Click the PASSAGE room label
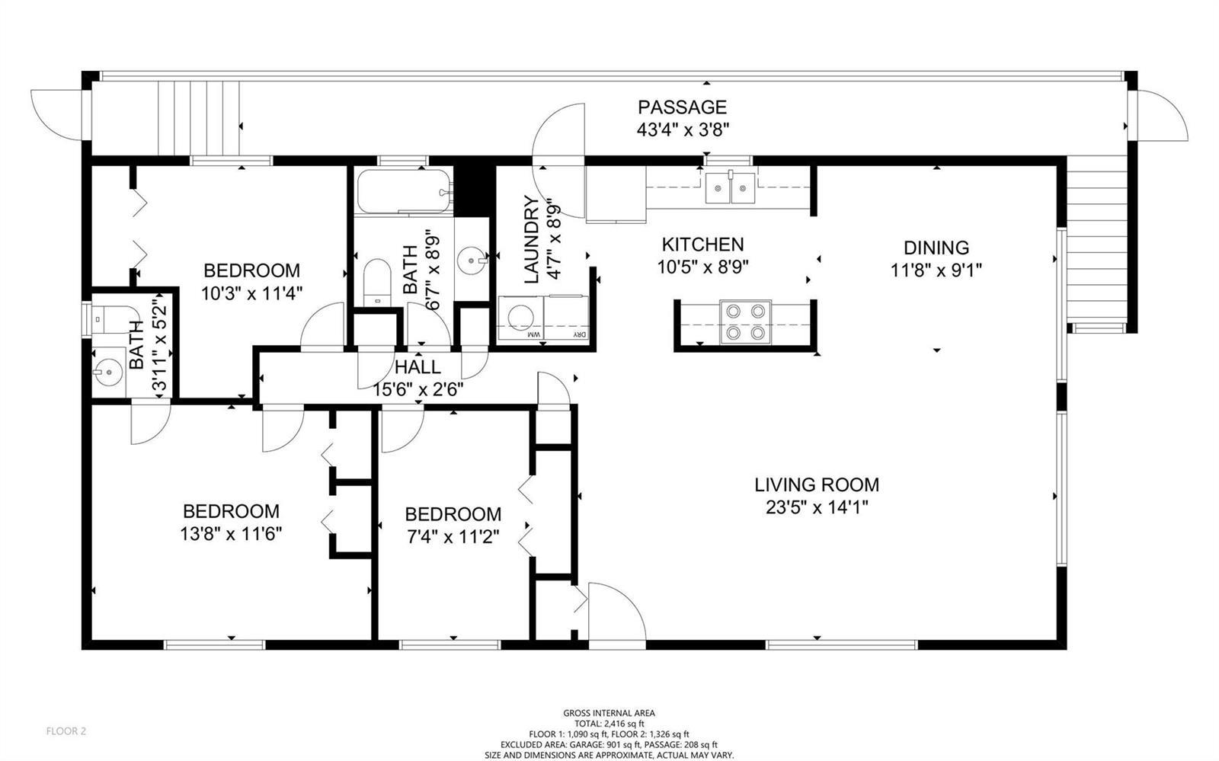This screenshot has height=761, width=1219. pyautogui.click(x=682, y=107)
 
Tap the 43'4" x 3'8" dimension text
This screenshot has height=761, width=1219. pyautogui.click(x=683, y=130)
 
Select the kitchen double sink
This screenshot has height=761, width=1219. pyautogui.click(x=731, y=187)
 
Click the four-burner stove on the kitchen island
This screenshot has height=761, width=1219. pyautogui.click(x=745, y=322)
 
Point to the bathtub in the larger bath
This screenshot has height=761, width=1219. pyautogui.click(x=404, y=191)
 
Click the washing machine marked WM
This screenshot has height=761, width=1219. pyautogui.click(x=521, y=318)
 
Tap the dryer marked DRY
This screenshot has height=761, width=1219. pyautogui.click(x=566, y=318)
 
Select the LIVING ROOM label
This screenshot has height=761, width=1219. pyautogui.click(x=816, y=484)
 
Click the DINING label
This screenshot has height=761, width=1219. pyautogui.click(x=936, y=248)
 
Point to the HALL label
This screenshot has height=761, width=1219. pyautogui.click(x=418, y=367)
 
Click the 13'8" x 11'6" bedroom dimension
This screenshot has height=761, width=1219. pyautogui.click(x=231, y=534)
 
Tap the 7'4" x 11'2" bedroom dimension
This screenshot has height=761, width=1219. pyautogui.click(x=453, y=538)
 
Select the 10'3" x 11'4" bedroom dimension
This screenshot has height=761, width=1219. pyautogui.click(x=251, y=294)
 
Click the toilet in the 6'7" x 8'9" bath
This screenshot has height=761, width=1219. pyautogui.click(x=376, y=283)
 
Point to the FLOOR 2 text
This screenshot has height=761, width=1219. pyautogui.click(x=66, y=731)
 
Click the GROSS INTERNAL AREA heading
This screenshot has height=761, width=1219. pyautogui.click(x=609, y=712)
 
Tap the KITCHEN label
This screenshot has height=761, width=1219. pyautogui.click(x=702, y=245)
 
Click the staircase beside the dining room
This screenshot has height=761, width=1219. pyautogui.click(x=1096, y=245)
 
